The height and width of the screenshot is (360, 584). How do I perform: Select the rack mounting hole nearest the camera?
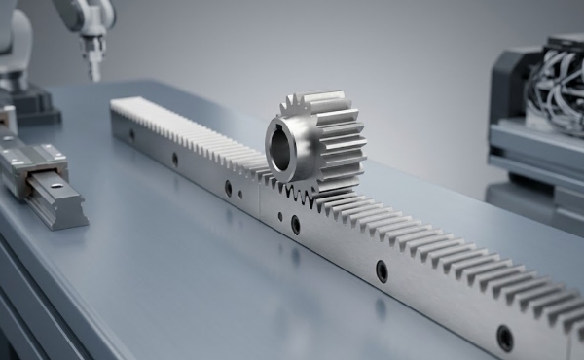coord(504,338)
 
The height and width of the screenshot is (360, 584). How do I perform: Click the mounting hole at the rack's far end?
coord(131,135)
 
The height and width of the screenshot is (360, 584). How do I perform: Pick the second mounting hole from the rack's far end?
coord(175,159)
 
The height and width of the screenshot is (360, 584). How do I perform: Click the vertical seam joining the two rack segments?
coord(260,199)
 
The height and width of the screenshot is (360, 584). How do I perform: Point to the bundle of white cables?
coord(555,83)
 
